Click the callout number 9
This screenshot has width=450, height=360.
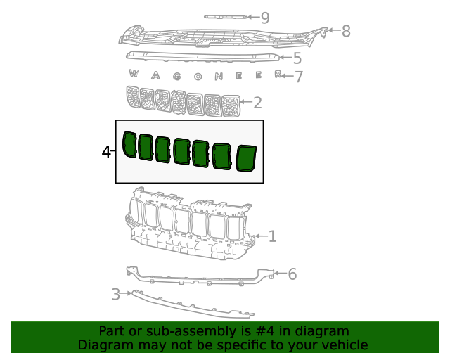[x=265, y=18]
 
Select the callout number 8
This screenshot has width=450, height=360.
[x=346, y=31]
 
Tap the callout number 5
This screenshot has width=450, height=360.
[x=297, y=58]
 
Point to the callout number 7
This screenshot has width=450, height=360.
[x=299, y=77]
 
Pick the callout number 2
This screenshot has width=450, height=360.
[x=257, y=103]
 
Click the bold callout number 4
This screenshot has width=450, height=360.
[x=106, y=152]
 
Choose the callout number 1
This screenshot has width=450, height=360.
[x=272, y=236]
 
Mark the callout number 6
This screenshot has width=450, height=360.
[x=292, y=274]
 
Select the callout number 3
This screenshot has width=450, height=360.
[x=115, y=295]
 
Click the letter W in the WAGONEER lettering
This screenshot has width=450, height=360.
[x=133, y=74]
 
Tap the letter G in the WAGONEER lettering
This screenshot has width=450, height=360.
[x=177, y=77]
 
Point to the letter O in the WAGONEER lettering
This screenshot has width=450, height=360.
[x=198, y=77]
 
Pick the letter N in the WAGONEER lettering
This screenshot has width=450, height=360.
[x=219, y=77]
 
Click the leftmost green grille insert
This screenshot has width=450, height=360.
[x=129, y=144]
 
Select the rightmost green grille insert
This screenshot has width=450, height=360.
[x=246, y=158]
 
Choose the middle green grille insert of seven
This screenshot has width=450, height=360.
[x=182, y=151]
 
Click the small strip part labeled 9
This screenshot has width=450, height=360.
[x=225, y=17]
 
